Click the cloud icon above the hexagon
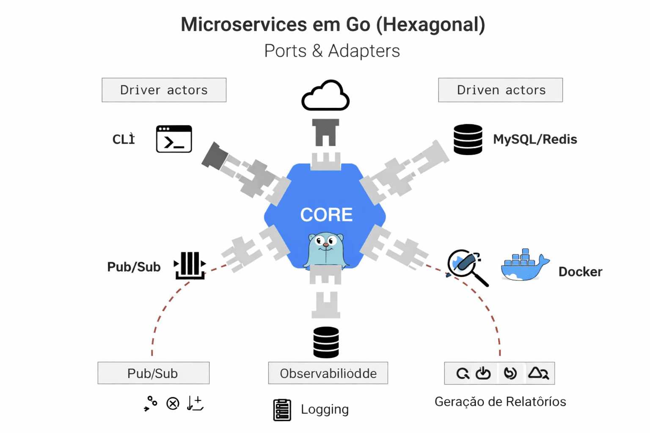[x=325, y=96]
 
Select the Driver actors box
[x=164, y=90]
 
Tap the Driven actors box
[x=500, y=90]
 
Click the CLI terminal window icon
[x=174, y=139]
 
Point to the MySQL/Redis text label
[x=535, y=139]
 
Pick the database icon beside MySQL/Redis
[x=468, y=139]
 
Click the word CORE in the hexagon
[x=326, y=215]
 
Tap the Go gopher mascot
[x=325, y=250]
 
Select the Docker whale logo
[x=524, y=266]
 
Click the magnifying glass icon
[x=467, y=267]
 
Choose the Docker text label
[x=580, y=272]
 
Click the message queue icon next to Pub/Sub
[x=190, y=266]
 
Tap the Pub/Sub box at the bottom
[x=153, y=373]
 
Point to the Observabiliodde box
[x=328, y=373]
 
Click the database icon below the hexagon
[x=326, y=342]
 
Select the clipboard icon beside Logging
[x=282, y=410]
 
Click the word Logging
[x=325, y=409]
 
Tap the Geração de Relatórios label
[x=500, y=401]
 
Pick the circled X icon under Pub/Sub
[x=173, y=404]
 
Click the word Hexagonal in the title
[x=430, y=25]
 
